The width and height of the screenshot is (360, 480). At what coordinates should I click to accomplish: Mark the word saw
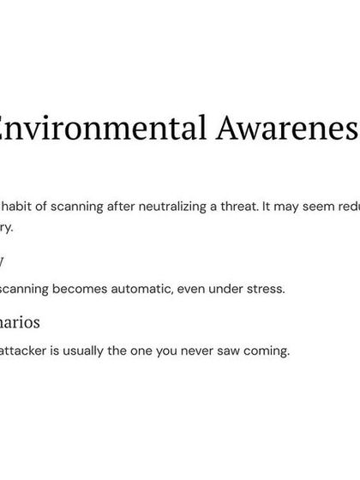(x=231, y=351)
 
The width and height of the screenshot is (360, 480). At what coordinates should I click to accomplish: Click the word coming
(x=269, y=351)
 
